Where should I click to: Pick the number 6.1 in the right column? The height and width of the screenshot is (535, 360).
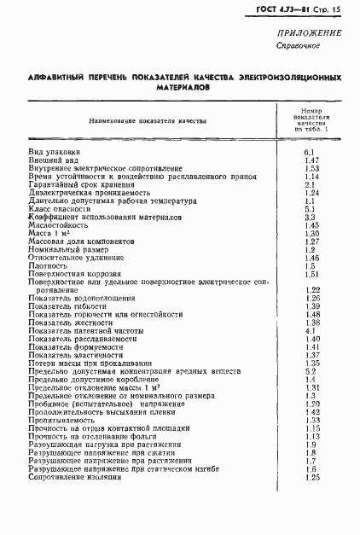pyautogui.click(x=311, y=151)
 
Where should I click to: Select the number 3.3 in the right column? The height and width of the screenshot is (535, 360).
pyautogui.click(x=311, y=218)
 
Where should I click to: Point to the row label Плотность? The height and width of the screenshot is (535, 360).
pyautogui.click(x=47, y=266)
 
